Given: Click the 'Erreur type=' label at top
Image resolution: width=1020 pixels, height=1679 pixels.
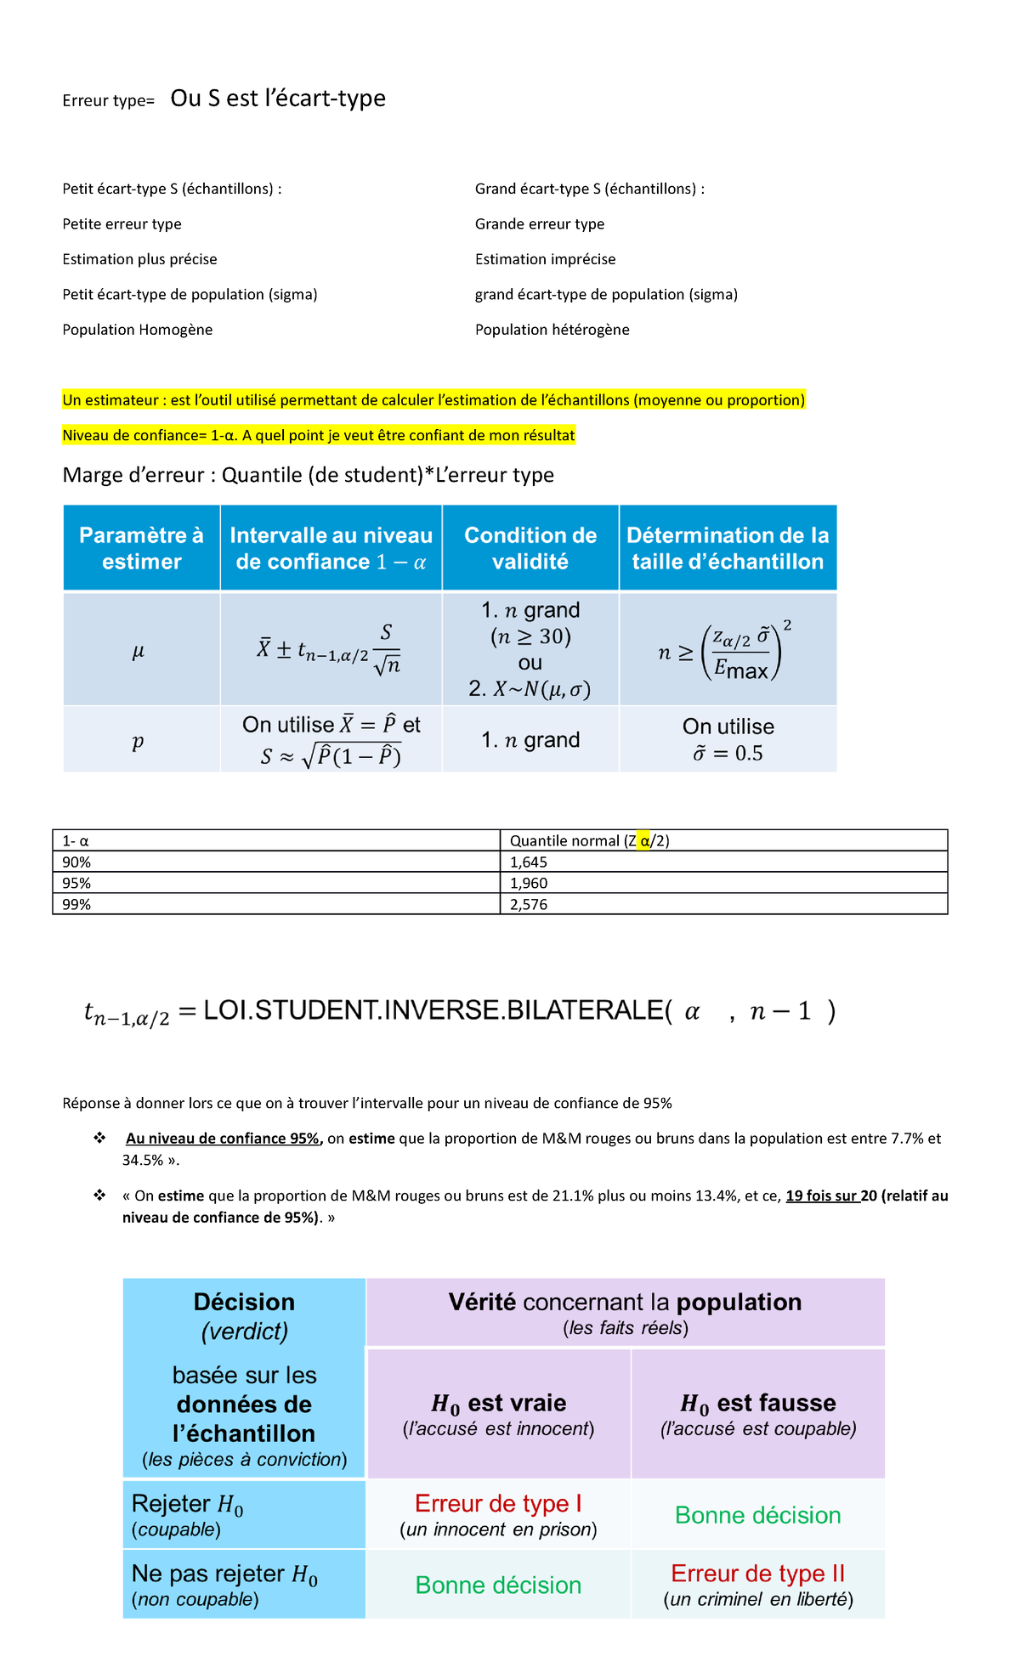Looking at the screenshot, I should pos(108,101).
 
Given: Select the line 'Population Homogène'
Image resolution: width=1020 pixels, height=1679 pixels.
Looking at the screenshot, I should pos(137,330).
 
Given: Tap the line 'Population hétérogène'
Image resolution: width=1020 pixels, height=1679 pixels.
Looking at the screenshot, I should pos(552,330).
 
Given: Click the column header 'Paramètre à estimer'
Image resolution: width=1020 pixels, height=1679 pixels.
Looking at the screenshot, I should pos(141,548).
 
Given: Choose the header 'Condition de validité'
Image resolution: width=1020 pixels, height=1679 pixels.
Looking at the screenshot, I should pos(530,548).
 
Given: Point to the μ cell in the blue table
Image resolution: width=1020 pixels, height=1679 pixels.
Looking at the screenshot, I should pos(139,652).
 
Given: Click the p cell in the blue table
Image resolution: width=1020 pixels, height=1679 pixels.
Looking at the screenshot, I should pos(138,741).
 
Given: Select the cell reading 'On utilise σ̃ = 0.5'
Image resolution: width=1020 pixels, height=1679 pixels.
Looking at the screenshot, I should pos(728,740).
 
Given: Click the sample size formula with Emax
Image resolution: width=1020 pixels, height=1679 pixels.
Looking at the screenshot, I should pos(727,652).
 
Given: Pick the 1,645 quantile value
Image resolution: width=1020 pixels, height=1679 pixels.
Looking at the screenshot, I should pos(529,862).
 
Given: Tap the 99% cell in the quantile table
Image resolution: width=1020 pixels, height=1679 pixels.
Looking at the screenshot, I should pos(76,904).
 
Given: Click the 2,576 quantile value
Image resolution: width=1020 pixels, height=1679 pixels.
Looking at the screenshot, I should pos(529,904).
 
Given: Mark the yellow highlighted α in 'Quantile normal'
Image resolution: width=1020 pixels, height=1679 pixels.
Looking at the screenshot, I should pos(644,840).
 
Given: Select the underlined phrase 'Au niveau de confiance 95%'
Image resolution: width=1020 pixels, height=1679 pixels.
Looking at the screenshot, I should pos(224,1139).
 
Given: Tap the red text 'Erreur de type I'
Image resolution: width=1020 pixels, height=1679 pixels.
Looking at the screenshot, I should pos(498,1503).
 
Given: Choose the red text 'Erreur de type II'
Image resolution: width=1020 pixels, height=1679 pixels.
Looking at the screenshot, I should pos(757,1573).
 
